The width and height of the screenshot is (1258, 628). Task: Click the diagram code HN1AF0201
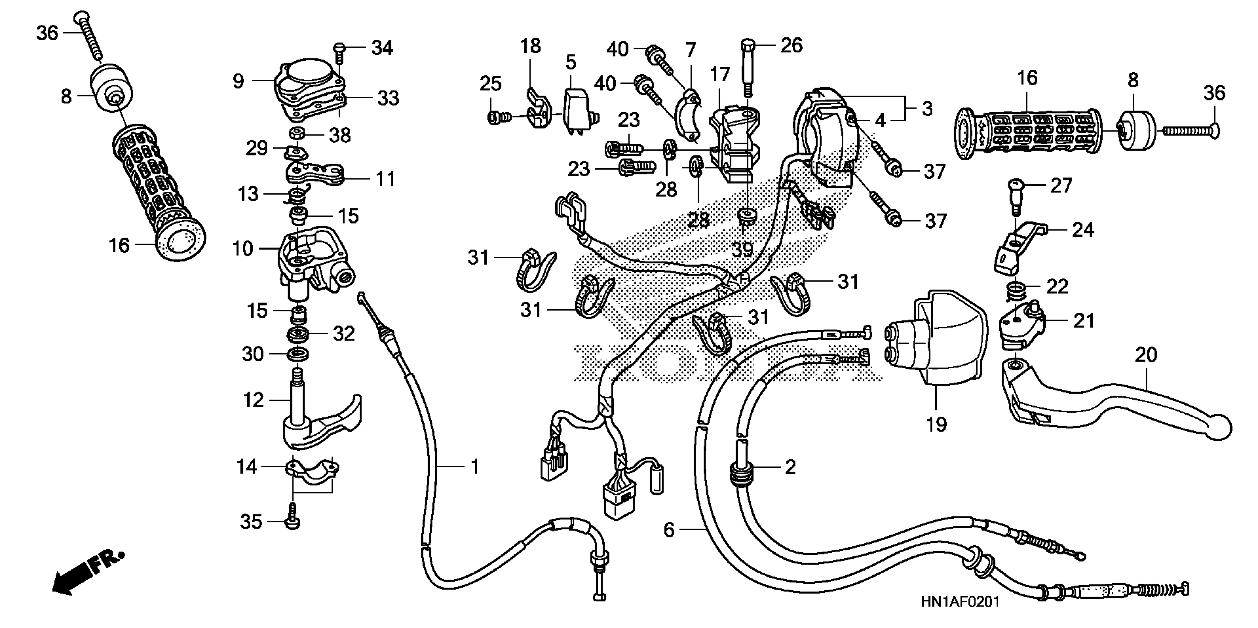(x=960, y=602)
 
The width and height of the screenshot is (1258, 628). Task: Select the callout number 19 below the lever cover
(x=936, y=424)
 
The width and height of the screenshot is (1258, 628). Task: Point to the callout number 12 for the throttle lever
(x=253, y=400)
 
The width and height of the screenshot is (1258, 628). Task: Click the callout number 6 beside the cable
(x=669, y=529)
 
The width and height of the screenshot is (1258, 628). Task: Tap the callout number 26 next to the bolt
(x=791, y=45)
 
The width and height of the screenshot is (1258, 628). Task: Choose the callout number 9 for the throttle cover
(x=238, y=81)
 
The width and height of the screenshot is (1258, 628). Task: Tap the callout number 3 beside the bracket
(x=927, y=109)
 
